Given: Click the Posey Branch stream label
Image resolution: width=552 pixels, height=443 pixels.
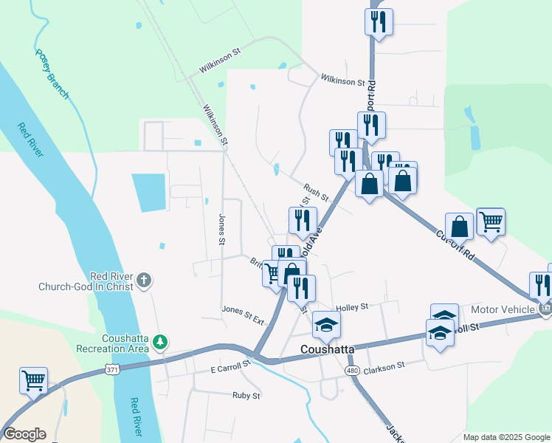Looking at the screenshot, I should (52, 75).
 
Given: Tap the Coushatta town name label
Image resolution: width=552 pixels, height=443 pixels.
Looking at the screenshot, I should (328, 348).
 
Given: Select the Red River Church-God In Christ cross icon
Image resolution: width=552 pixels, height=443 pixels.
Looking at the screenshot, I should (144, 281).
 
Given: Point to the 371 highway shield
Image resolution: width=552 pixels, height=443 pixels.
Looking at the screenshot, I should (111, 369).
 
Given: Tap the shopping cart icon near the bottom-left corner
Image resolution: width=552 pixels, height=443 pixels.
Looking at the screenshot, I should (34, 381).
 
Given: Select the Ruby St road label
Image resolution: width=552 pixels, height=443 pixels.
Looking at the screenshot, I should (246, 396).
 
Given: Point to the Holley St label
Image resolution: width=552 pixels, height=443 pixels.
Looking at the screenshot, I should (351, 306).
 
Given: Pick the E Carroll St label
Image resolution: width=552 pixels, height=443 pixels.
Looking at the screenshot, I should (231, 365).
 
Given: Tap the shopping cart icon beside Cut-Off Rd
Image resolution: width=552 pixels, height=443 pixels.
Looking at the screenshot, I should (491, 220).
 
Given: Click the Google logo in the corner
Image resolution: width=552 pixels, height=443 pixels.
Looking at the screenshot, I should (24, 434).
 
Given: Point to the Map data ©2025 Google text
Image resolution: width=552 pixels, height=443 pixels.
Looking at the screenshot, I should (506, 437).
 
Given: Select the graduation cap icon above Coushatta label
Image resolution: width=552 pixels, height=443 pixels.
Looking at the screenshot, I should (327, 323).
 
